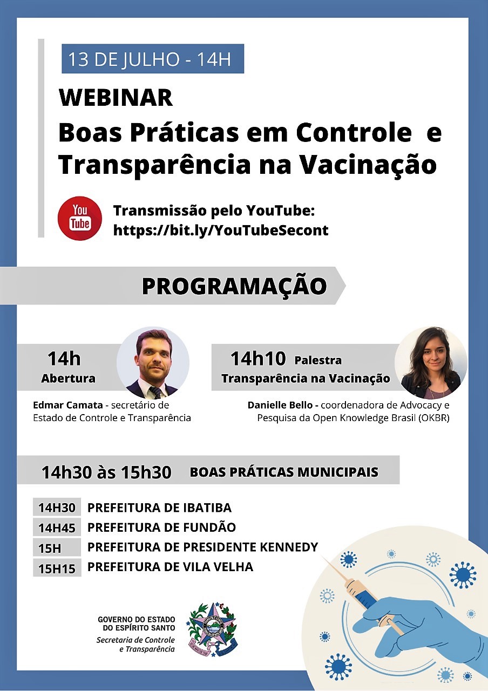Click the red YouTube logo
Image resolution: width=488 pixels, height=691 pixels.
79,218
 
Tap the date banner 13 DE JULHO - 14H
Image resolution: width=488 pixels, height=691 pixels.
153,59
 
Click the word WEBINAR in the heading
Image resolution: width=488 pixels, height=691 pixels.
116,98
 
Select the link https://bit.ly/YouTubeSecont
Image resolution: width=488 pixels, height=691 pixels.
221,230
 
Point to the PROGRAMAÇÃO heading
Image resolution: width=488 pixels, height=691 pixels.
234,286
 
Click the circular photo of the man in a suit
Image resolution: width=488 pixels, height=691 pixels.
153,363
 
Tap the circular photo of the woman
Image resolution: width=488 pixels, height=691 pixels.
431,363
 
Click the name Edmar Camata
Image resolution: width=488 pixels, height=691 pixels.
68,405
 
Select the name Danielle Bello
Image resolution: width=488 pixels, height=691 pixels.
280,405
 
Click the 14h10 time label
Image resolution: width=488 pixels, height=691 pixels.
258,359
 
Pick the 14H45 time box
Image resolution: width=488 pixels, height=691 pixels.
57,528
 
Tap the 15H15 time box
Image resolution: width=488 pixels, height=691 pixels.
57,568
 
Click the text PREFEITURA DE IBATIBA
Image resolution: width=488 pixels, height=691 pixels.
159,508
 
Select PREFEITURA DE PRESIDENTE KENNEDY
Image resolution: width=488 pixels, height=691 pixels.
202,547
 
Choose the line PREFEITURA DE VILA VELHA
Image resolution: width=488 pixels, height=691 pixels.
170,567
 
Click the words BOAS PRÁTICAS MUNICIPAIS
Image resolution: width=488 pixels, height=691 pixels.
284,472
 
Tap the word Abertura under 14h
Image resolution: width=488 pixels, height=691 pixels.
68,378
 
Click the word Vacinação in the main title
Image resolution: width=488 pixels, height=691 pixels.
368,165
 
